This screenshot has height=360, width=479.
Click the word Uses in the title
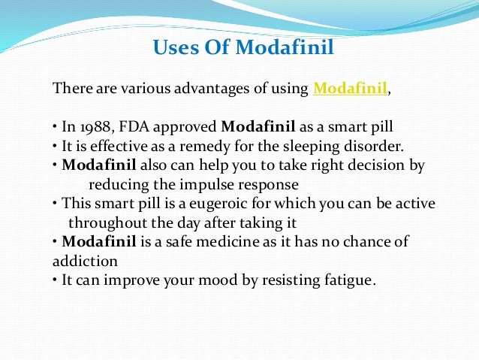(173, 49)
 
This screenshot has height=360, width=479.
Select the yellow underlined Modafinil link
(350, 89)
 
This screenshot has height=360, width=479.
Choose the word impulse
(218, 183)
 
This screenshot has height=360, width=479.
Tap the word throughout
(104, 222)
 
